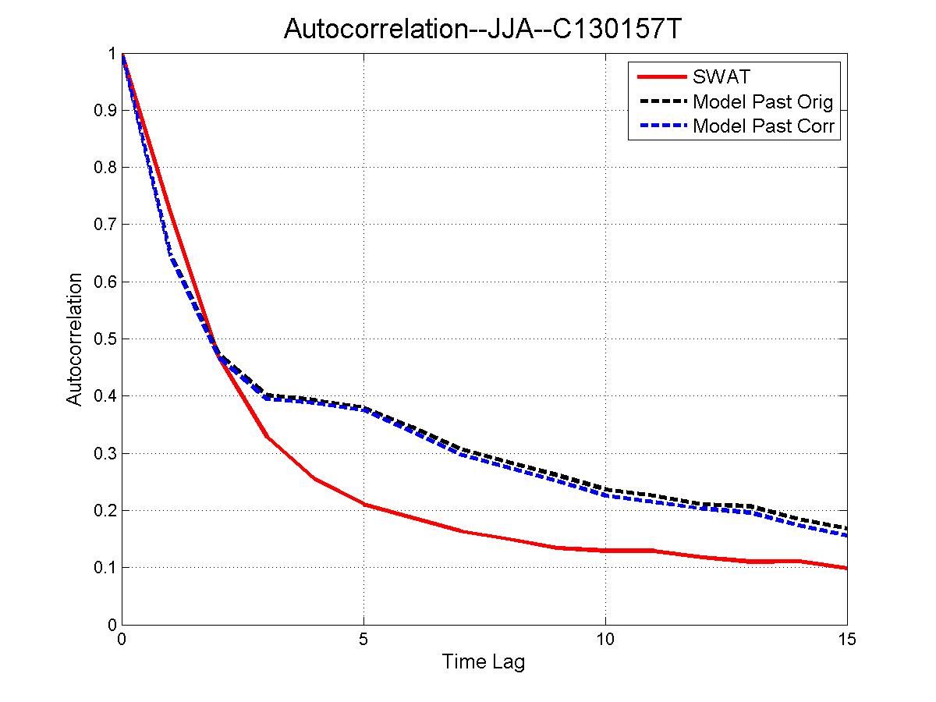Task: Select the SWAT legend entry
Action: [x=721, y=77]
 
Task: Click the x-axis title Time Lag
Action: [x=484, y=663]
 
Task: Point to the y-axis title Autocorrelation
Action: [x=74, y=339]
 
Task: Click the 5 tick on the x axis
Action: [x=363, y=640]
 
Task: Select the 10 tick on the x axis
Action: [x=605, y=640]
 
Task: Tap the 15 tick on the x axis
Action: [x=846, y=640]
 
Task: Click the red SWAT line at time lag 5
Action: [x=363, y=505]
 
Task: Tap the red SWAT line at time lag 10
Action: [x=605, y=550]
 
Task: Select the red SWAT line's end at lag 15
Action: [x=846, y=568]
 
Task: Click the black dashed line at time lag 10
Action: [x=605, y=490]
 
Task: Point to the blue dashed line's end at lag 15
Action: [x=846, y=535]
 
